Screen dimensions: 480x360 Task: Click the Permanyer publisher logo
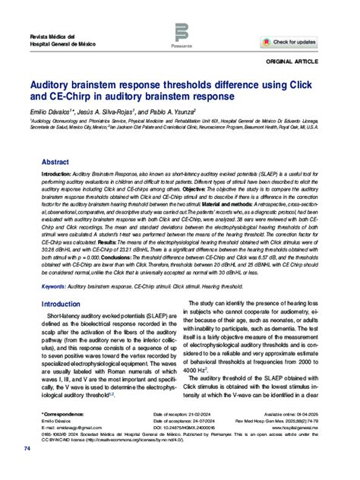pos(181,35)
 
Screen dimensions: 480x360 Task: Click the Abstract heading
pos(55,163)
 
